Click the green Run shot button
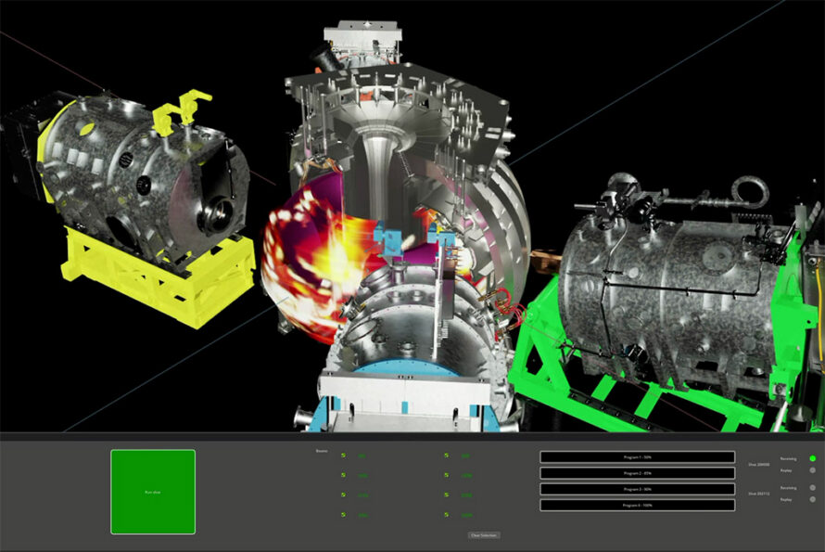tap(153, 492)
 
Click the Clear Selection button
tap(483, 535)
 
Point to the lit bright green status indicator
tap(813, 458)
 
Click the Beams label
tap(322, 452)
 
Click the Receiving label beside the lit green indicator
tap(788, 458)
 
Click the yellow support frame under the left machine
tap(158, 278)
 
